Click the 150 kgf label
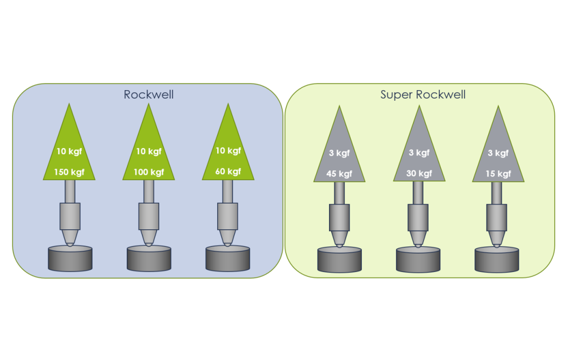70,172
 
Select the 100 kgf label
149,172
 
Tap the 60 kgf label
228,171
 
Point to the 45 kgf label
339,174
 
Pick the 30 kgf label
419,173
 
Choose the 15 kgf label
498,174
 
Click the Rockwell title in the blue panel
149,95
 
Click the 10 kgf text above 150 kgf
70,151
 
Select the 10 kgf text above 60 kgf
228,150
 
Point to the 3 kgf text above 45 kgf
339,153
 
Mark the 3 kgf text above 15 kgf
498,153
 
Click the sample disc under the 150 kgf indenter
70,259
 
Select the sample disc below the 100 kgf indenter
149,259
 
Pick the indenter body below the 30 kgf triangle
419,216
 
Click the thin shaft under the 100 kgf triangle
149,191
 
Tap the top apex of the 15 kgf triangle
498,107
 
